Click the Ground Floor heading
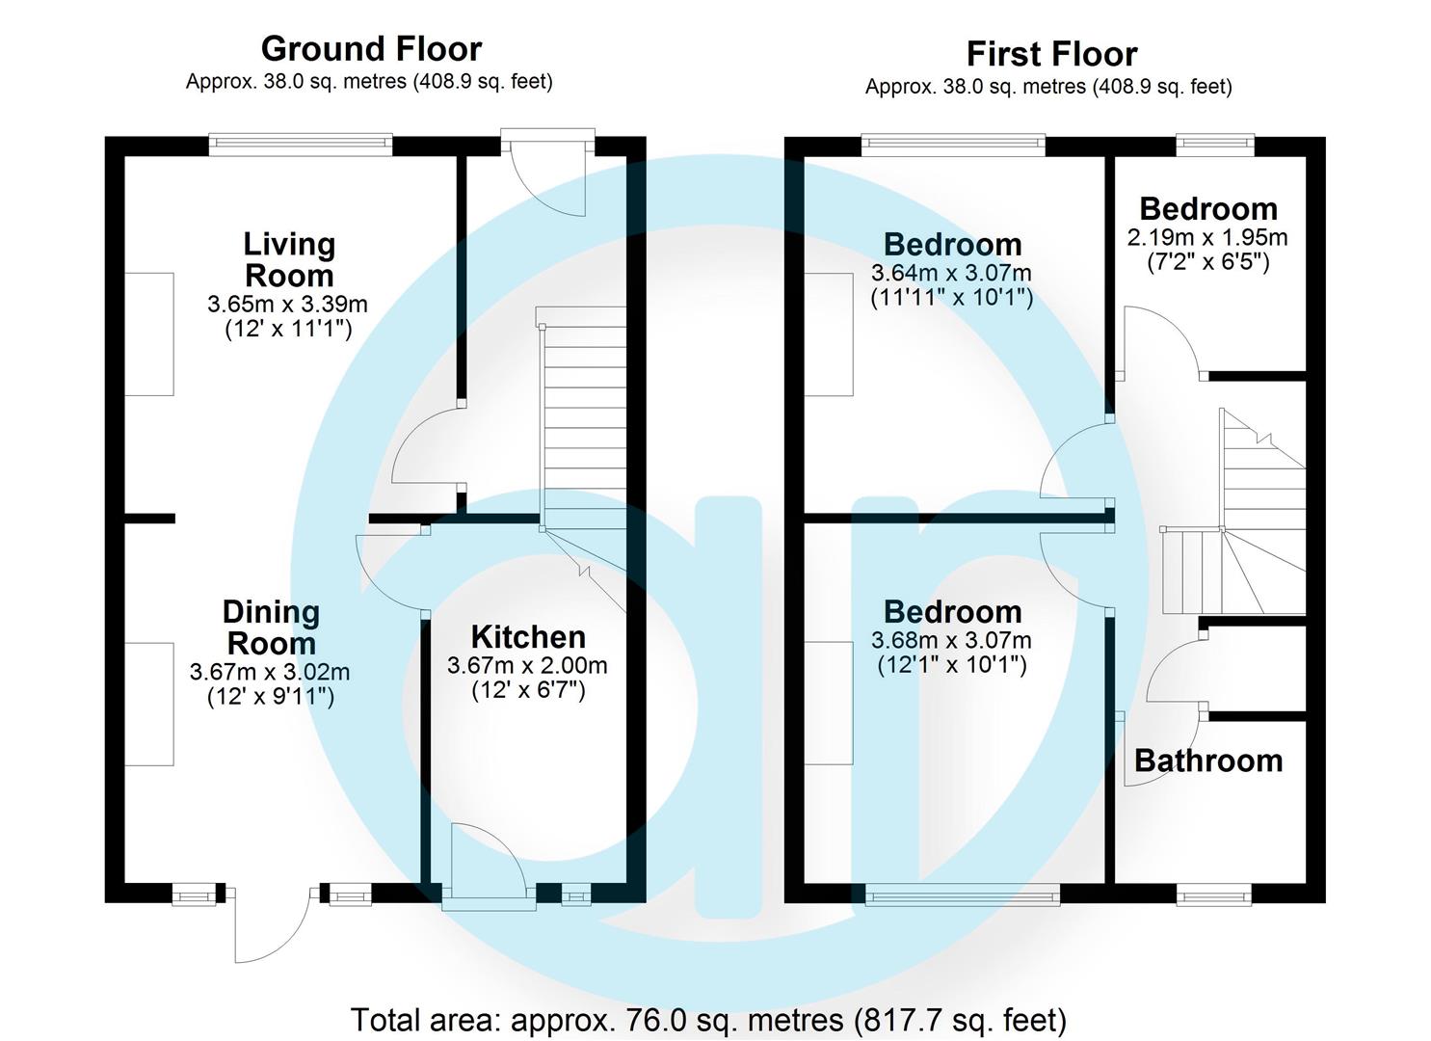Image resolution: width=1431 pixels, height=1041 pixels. click(371, 48)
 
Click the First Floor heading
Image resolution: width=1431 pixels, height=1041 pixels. click(1051, 53)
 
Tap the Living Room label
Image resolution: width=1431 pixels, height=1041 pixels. click(288, 260)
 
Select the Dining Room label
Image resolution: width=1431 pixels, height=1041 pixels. click(271, 627)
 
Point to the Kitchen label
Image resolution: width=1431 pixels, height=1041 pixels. click(528, 637)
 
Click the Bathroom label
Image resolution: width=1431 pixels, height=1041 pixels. click(1208, 761)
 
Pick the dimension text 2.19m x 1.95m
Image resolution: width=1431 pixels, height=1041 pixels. click(1207, 237)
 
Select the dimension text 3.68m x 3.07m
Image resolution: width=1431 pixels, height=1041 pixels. click(951, 640)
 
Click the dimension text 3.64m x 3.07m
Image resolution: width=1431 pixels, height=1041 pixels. click(951, 273)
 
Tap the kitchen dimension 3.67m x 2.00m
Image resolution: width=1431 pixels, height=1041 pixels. click(527, 665)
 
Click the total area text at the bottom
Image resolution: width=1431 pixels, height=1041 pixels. click(708, 1019)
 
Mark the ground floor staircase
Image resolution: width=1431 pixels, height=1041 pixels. click(585, 424)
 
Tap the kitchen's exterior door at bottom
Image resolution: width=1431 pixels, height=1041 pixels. click(489, 867)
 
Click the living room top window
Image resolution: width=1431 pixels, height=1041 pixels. click(301, 146)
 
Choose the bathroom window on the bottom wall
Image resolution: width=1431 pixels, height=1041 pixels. click(1214, 895)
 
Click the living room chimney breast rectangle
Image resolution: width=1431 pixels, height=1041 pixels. click(149, 334)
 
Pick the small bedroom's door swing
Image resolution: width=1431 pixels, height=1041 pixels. click(1156, 342)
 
